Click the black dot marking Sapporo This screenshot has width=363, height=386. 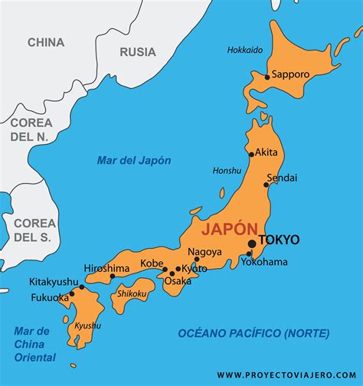[267, 77]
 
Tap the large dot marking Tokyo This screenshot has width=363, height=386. [252, 244]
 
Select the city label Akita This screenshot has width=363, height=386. [266, 152]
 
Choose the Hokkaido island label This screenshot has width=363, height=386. [245, 50]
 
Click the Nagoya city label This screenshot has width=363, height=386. [205, 251]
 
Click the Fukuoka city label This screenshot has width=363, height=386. [51, 297]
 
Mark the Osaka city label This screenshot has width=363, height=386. [178, 281]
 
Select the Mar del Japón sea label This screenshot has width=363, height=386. [134, 160]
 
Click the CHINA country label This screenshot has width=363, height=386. [46, 42]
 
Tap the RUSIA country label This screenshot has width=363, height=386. [138, 52]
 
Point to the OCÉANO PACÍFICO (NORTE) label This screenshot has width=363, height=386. [253, 333]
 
